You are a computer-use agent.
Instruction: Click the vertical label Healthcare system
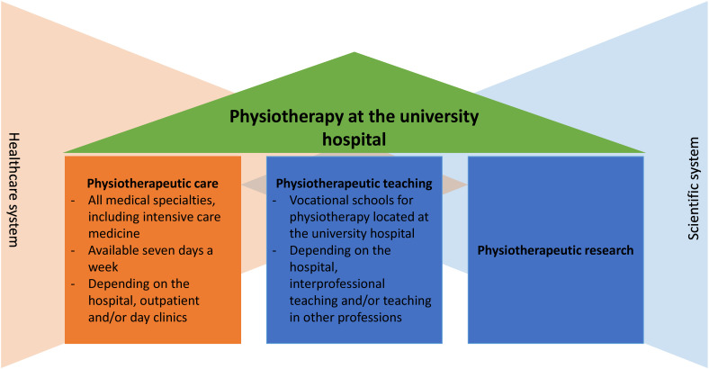14,190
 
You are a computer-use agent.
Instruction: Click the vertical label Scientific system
693,189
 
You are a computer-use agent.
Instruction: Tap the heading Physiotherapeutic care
152,183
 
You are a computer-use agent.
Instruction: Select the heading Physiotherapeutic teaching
354,183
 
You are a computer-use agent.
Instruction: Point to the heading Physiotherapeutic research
555,250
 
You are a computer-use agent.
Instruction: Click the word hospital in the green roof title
354,139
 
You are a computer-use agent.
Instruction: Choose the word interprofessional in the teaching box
337,284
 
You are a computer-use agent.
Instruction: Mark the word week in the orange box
103,267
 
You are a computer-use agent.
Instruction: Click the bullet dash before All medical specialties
73,201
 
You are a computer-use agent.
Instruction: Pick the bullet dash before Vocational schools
275,201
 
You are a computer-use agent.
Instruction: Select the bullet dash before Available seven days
73,250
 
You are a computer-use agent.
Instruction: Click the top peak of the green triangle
354,52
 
